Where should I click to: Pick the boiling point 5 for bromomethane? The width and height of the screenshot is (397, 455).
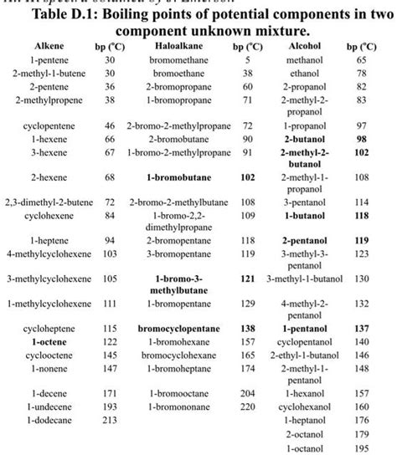pyautogui.click(x=248, y=60)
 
